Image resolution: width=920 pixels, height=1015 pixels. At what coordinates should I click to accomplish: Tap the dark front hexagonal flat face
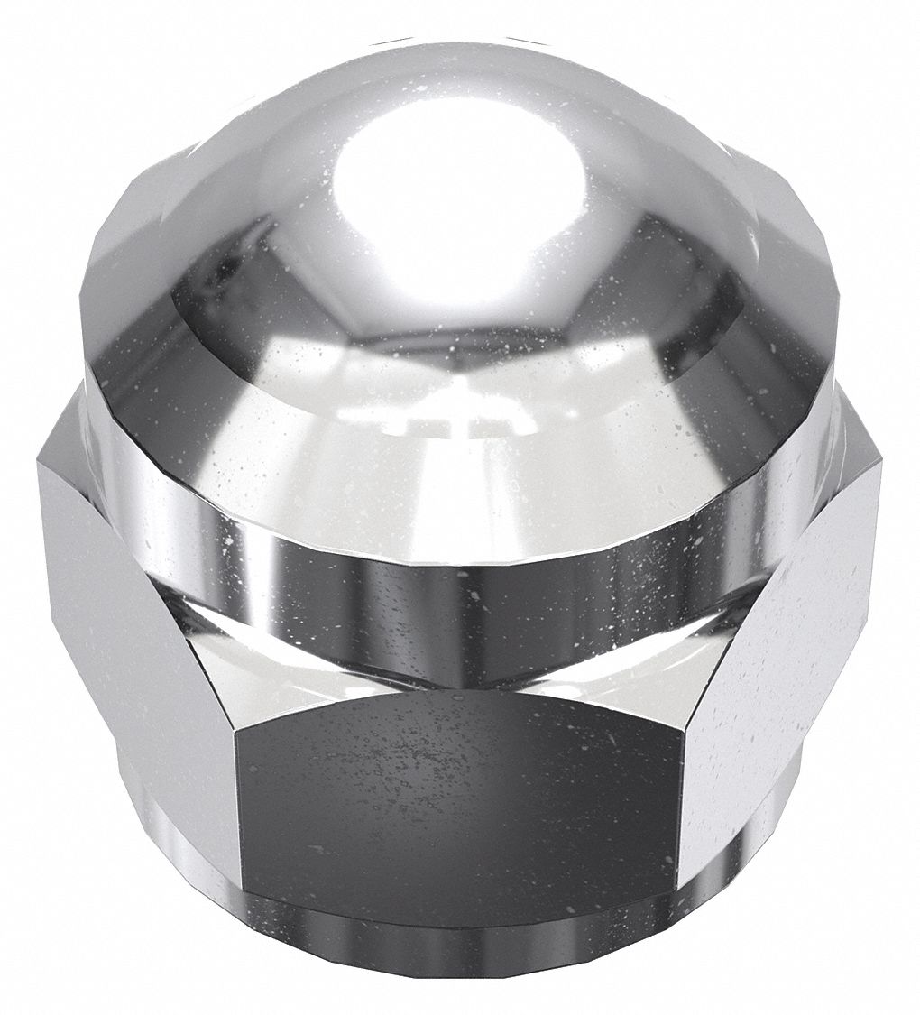point(455,798)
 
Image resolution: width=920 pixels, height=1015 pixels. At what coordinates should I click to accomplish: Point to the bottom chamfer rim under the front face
point(460,947)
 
